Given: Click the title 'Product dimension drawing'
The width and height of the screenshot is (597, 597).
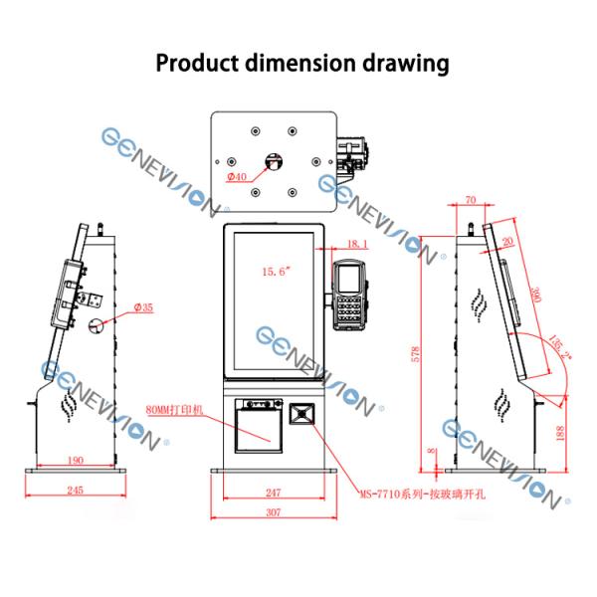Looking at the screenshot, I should click(301, 64).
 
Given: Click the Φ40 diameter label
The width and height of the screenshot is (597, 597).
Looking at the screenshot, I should click(236, 177).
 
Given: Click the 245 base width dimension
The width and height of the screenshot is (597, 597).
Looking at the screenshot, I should click(76, 489).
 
